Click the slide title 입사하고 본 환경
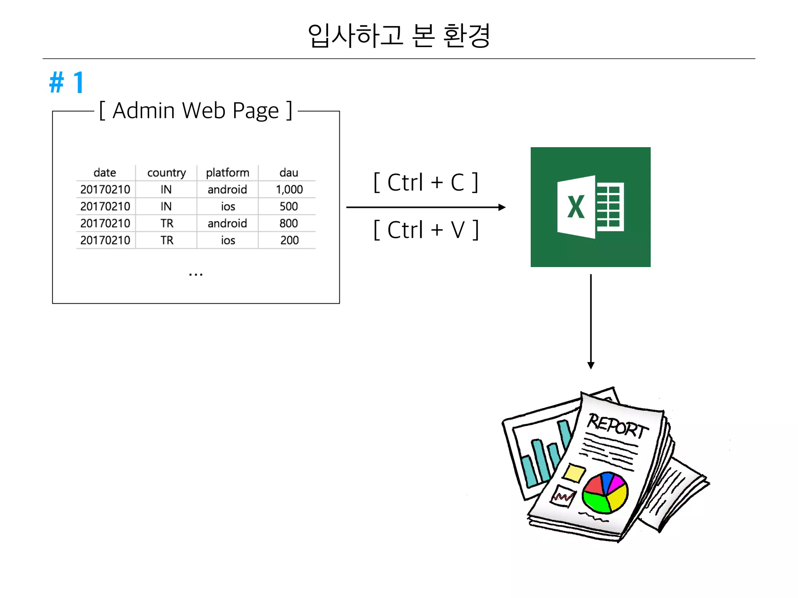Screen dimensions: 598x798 (399, 35)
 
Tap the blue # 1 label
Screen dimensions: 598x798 (67, 83)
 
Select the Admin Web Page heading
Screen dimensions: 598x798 (196, 111)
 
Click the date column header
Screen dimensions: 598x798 (105, 172)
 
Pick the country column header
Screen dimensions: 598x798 (166, 172)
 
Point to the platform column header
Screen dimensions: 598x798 (228, 172)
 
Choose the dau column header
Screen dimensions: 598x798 (289, 172)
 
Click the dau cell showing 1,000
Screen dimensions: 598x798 (289, 190)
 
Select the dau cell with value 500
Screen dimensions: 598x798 (289, 206)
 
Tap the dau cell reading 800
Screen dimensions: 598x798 (289, 223)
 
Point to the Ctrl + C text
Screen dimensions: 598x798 (425, 182)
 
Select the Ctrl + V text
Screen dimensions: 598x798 (426, 230)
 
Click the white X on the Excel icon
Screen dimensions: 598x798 (576, 207)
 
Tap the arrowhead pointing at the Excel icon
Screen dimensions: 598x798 (502, 208)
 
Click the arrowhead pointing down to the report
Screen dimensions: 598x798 (591, 366)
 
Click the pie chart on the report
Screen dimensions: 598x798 (605, 492)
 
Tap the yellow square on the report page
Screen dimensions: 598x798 (574, 473)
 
